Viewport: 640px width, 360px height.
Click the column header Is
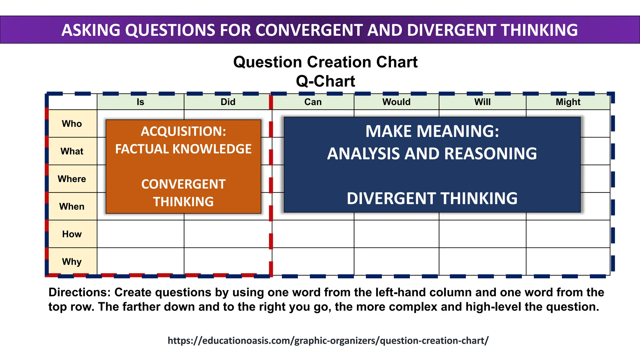point(140,102)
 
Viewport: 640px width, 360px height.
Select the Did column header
point(228,102)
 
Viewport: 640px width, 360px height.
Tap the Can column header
point(313,102)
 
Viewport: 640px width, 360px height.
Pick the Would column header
point(396,102)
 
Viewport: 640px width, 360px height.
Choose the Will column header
point(482,102)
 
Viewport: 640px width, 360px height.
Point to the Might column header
point(568,102)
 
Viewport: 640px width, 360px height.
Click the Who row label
point(72,124)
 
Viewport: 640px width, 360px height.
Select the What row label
point(72,151)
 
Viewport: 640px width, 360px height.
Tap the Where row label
point(72,179)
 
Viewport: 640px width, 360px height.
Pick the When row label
point(72,207)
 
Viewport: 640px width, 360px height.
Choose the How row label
point(72,234)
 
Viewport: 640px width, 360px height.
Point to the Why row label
point(72,262)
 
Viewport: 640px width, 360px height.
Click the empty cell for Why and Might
point(568,262)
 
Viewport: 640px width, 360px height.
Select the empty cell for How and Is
point(140,234)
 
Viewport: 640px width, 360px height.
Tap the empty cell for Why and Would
point(396,262)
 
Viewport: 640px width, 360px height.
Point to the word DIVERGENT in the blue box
point(391,198)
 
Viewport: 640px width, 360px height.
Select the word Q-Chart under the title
point(325,81)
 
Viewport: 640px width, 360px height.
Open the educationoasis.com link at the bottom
point(328,340)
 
